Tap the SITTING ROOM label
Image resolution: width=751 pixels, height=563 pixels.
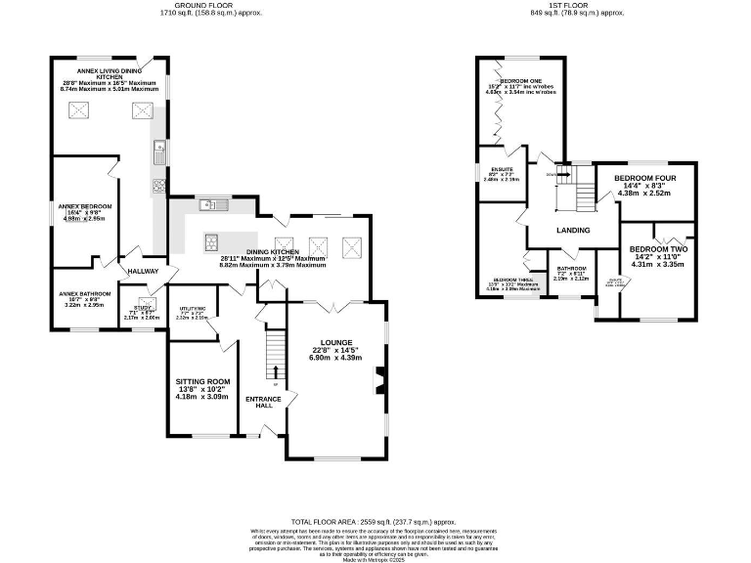point(202,381)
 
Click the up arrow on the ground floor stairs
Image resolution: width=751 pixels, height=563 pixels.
point(275,372)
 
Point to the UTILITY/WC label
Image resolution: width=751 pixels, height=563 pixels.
point(192,310)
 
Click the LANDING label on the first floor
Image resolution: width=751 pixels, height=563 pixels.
point(573,231)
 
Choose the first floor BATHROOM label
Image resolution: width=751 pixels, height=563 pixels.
point(571,268)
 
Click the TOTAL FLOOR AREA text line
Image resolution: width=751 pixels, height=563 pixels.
point(375,523)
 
